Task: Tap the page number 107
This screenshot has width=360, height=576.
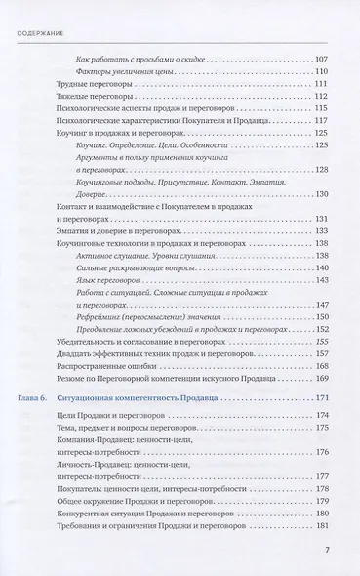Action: point(326,62)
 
